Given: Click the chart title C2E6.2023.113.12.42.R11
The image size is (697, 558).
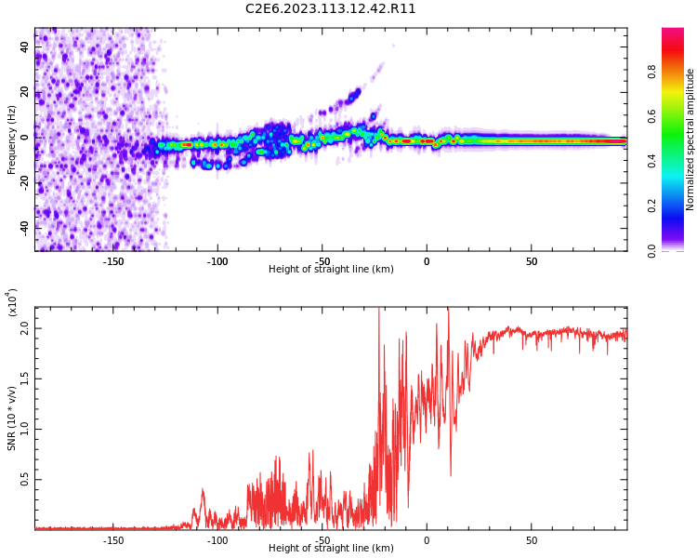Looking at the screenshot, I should (x=330, y=9).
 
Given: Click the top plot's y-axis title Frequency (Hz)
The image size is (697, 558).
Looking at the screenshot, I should (x=12, y=139).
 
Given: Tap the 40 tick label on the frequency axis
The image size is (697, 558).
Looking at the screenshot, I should (x=25, y=46).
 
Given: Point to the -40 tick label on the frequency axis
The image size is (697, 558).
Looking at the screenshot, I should (x=23, y=227).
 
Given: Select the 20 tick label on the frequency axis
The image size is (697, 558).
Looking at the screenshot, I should (x=25, y=92).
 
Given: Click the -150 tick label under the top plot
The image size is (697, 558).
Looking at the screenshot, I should (x=112, y=261).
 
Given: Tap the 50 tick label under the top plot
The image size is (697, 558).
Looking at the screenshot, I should (x=532, y=261).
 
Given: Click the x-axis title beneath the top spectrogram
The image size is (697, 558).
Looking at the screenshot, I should (x=331, y=270).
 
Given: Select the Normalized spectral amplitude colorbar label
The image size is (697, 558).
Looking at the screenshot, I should (x=690, y=139).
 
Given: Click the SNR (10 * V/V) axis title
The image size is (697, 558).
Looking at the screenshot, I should (x=12, y=418).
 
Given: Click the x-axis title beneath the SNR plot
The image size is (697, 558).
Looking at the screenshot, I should (x=331, y=549).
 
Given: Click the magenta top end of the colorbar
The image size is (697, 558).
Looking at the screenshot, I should (x=673, y=33).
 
